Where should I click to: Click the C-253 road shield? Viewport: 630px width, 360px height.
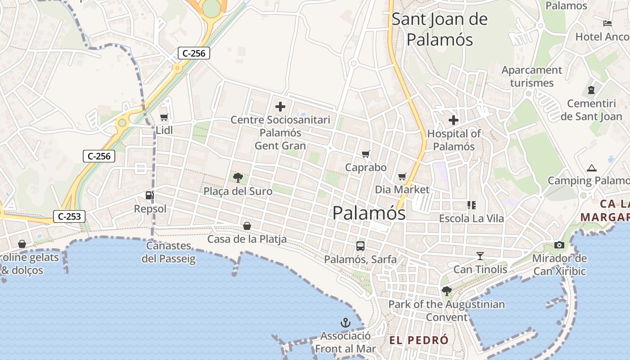pyautogui.click(x=69, y=216)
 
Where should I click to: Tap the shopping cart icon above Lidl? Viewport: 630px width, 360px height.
pyautogui.click(x=164, y=117)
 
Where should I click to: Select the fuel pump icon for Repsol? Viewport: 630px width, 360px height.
pyautogui.click(x=149, y=195)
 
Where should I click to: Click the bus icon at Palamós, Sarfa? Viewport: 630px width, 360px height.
pyautogui.click(x=360, y=246)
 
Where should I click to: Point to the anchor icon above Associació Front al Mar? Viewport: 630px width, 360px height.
pyautogui.click(x=345, y=323)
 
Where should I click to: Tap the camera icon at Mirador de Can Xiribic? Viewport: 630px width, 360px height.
pyautogui.click(x=559, y=245)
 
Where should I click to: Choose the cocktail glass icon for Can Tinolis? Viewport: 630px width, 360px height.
pyautogui.click(x=480, y=256)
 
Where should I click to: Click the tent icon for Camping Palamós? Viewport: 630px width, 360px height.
pyautogui.click(x=592, y=168)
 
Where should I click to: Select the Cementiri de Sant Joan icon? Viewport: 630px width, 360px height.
pyautogui.click(x=591, y=90)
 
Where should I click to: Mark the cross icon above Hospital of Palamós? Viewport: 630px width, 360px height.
pyautogui.click(x=454, y=120)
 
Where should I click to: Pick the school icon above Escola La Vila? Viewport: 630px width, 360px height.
pyautogui.click(x=471, y=205)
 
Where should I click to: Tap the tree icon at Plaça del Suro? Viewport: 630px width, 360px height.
pyautogui.click(x=238, y=178)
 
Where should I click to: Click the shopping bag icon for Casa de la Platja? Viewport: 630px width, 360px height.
pyautogui.click(x=247, y=225)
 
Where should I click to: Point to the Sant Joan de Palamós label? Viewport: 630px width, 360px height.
pyautogui.click(x=440, y=29)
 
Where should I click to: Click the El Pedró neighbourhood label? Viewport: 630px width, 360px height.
pyautogui.click(x=419, y=340)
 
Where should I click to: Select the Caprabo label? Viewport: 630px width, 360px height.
pyautogui.click(x=365, y=167)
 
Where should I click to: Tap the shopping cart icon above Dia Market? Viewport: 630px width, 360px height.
pyautogui.click(x=402, y=176)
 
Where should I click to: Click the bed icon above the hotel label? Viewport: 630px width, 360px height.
pyautogui.click(x=607, y=23)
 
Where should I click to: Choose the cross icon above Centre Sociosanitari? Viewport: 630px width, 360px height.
pyautogui.click(x=280, y=107)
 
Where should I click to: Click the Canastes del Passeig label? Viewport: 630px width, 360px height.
pyautogui.click(x=169, y=252)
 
